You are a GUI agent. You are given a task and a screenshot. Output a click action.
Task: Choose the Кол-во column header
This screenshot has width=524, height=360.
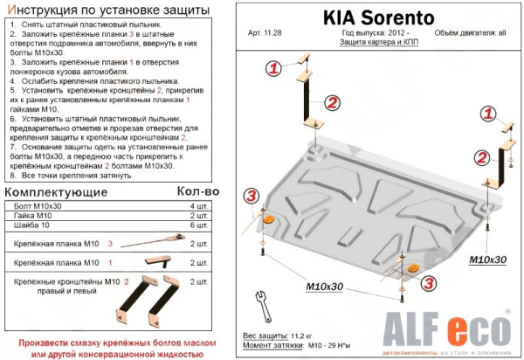[x=197, y=190]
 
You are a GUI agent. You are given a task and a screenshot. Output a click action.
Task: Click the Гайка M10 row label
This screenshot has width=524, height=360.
[x=33, y=214]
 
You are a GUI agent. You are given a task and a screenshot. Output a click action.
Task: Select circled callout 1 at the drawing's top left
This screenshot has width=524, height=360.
[x=273, y=68]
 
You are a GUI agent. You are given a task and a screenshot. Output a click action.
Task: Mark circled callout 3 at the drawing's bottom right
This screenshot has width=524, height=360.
[x=429, y=281]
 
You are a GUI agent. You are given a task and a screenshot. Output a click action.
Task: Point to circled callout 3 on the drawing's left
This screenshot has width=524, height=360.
[x=251, y=194]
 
